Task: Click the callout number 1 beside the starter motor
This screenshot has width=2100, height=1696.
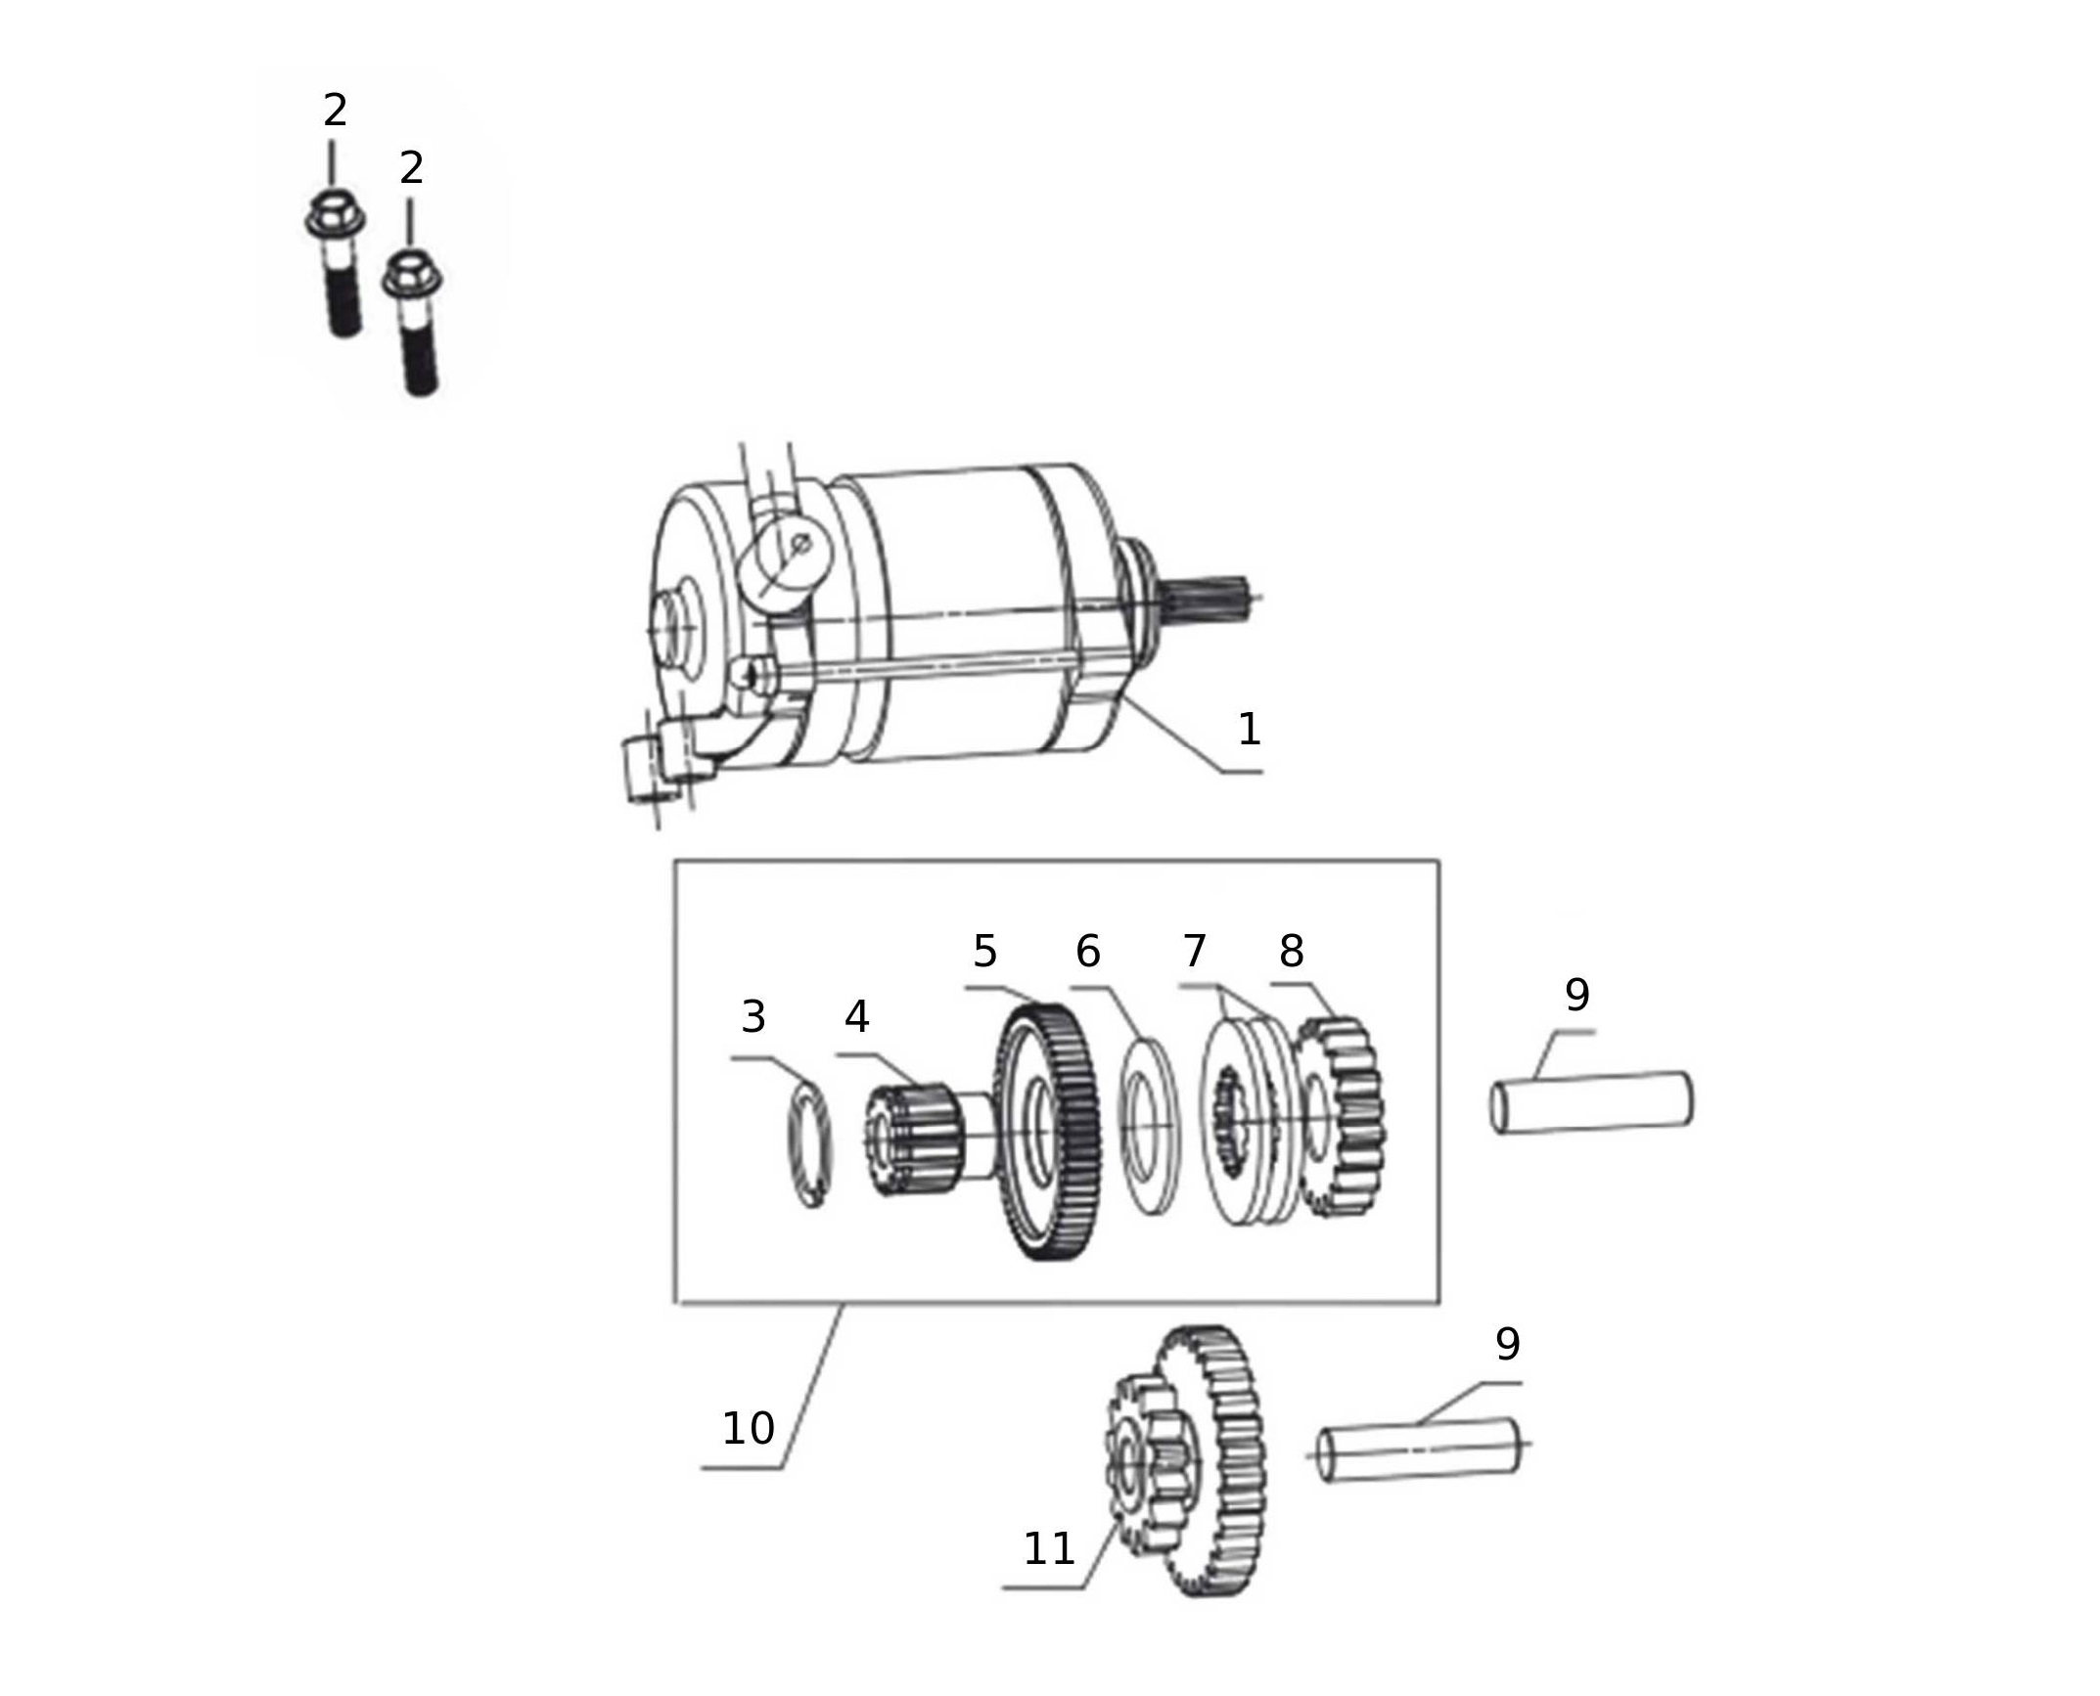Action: click(x=1249, y=730)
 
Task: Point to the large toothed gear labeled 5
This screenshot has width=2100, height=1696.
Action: click(x=1046, y=1134)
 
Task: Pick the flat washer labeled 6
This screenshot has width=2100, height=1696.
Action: click(x=1150, y=1127)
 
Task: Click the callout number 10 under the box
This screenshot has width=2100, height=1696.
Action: click(x=749, y=1429)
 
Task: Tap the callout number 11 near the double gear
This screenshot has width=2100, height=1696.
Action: click(x=1049, y=1548)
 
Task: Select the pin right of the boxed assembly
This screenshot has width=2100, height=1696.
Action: click(x=1592, y=1103)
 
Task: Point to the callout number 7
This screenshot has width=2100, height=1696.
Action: click(x=1195, y=951)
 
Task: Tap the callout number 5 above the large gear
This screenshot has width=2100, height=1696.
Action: click(x=984, y=951)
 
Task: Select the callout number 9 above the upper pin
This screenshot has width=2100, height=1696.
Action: click(x=1577, y=995)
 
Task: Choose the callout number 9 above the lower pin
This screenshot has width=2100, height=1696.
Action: click(x=1508, y=1344)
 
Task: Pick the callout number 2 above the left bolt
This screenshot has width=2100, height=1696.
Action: click(x=335, y=111)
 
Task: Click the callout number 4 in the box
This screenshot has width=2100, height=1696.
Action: click(x=857, y=1017)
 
